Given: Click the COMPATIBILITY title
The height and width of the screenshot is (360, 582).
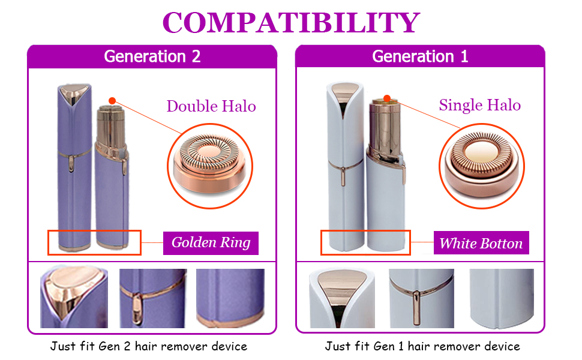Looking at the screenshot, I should (x=291, y=22).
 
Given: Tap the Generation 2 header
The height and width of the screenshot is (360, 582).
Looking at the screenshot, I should (x=152, y=56).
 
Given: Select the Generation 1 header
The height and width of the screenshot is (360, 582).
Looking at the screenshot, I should (x=420, y=56).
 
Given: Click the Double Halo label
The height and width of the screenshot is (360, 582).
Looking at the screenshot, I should (x=211, y=106).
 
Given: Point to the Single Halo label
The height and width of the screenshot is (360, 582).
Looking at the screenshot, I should (x=479, y=105).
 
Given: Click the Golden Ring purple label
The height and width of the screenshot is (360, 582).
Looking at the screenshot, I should (x=211, y=243).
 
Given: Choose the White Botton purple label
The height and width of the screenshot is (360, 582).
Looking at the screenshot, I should (x=481, y=243).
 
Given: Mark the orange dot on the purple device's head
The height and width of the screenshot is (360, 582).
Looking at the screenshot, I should (x=112, y=101).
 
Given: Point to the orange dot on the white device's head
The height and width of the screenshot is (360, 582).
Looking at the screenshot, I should (x=387, y=98).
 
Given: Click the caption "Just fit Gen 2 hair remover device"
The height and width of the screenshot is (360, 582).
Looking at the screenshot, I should (x=149, y=346).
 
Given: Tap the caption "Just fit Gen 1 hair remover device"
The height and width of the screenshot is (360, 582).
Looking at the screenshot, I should (x=422, y=346).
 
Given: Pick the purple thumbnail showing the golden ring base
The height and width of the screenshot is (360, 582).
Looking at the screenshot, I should (x=230, y=298).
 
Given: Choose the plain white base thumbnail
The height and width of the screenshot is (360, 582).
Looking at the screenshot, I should (x=501, y=298).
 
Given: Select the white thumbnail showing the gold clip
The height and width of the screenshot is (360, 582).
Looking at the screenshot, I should (x=421, y=298).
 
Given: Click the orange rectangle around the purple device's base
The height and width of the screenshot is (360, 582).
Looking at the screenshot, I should (x=94, y=242).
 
